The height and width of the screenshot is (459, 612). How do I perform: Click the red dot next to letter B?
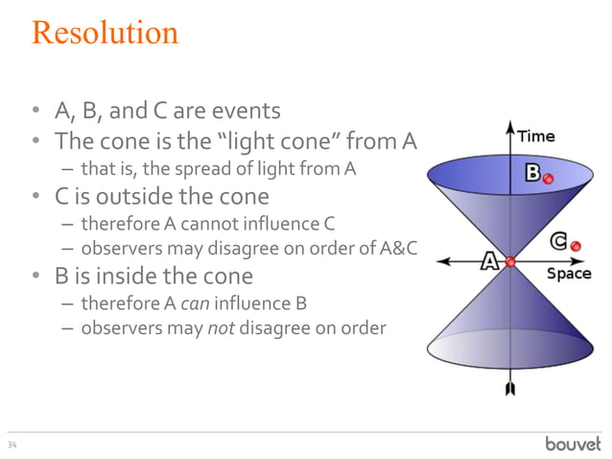point(548,179)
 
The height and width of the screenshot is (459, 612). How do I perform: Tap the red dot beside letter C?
point(576,247)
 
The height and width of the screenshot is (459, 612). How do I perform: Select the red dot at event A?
point(510,261)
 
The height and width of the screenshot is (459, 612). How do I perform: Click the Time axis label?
point(537,136)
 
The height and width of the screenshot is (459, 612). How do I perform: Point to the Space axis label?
point(568,275)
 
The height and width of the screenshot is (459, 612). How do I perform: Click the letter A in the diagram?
point(489,261)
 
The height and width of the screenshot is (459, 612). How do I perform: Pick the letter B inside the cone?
point(532,174)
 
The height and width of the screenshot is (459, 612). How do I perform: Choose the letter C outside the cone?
point(557,242)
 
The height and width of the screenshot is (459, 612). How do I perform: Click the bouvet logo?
point(573,443)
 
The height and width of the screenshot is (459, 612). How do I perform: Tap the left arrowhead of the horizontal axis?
point(439,261)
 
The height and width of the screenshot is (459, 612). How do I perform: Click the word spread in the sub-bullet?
point(183,170)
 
